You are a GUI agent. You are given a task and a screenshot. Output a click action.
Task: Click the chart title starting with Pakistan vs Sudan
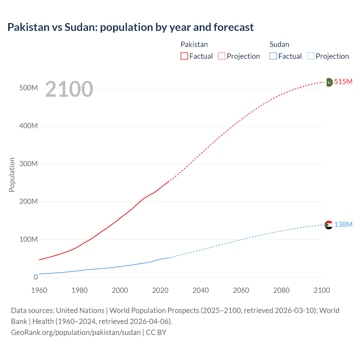130,27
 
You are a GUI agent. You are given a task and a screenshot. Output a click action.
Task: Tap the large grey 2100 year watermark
69,89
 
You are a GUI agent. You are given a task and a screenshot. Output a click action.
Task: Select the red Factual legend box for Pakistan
184,56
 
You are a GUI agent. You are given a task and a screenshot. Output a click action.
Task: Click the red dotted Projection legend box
222,56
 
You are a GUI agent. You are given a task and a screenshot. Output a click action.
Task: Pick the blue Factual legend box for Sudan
273,56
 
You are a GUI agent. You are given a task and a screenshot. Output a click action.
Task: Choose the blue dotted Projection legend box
311,56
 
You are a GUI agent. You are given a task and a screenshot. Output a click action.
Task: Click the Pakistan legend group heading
194,44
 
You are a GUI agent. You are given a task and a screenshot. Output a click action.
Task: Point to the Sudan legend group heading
279,44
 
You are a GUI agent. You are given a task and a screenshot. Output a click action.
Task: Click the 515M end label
343,82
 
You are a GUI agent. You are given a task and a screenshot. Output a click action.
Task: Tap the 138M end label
343,224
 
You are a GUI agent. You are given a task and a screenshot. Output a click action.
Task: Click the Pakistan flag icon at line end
329,82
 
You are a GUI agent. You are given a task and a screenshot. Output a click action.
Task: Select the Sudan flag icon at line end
329,225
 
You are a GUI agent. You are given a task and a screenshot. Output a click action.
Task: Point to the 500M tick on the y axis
28,88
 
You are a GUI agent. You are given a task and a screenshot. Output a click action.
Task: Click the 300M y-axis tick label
28,164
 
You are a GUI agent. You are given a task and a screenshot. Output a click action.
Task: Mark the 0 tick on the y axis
36,277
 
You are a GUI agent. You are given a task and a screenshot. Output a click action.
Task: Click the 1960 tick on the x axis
39,290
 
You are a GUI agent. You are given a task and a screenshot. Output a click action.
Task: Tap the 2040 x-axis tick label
201,290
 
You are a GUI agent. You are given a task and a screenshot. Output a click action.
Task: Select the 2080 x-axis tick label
281,290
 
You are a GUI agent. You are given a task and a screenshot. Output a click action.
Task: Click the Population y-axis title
12,175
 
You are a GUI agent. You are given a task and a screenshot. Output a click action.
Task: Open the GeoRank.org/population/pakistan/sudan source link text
76,332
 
